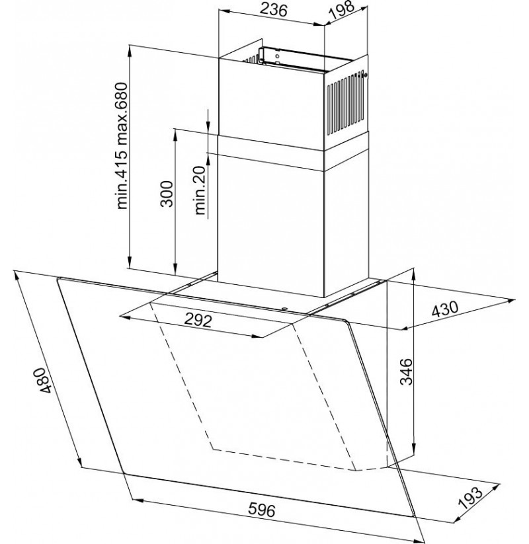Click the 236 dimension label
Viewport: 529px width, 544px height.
[274, 10]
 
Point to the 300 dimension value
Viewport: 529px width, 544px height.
[167, 194]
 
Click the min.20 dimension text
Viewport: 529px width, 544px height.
[200, 190]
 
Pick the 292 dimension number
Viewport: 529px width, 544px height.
[198, 319]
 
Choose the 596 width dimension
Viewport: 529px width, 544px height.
[262, 510]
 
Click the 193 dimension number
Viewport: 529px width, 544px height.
[470, 498]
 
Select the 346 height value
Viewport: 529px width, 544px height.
[406, 371]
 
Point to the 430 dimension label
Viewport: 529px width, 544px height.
[444, 309]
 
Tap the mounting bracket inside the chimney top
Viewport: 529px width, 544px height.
[274, 57]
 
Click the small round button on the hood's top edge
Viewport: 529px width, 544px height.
[284, 308]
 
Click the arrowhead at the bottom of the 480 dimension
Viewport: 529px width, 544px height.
[79, 461]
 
